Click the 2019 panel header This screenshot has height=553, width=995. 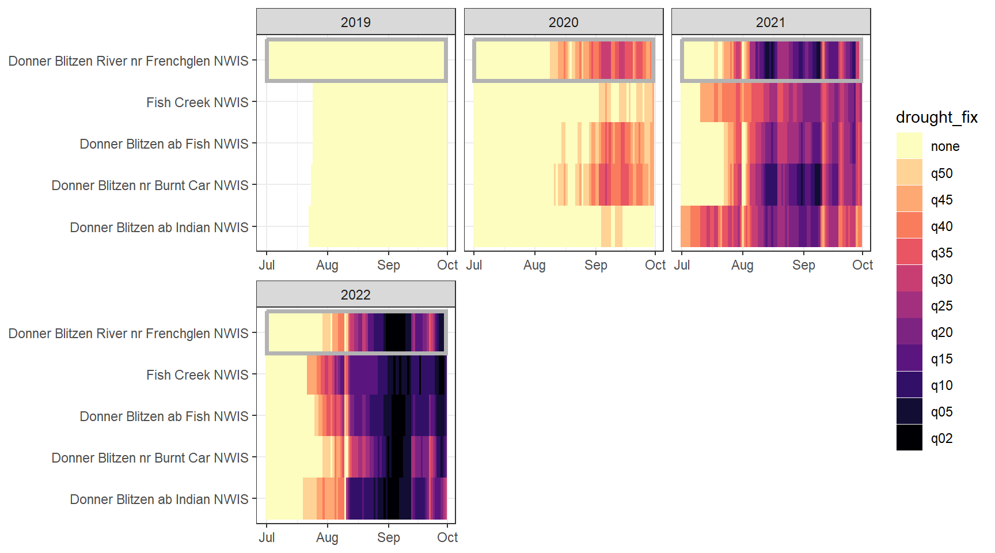[x=355, y=22]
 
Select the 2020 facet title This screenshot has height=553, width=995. [x=563, y=22]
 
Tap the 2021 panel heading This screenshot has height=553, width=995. [x=770, y=22]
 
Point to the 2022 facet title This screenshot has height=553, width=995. [x=355, y=295]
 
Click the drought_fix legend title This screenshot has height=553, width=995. [x=936, y=118]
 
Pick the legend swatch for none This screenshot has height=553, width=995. [x=909, y=146]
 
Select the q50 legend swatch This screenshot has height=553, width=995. [x=909, y=172]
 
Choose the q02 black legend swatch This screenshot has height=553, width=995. [x=909, y=437]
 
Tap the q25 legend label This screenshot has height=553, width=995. [x=941, y=306]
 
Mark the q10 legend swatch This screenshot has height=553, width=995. [x=909, y=384]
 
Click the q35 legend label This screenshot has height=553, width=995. [x=941, y=253]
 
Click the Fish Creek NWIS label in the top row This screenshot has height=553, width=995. [x=197, y=103]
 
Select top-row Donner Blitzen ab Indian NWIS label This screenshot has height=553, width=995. [x=159, y=228]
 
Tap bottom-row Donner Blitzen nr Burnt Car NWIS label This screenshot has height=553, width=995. [x=150, y=458]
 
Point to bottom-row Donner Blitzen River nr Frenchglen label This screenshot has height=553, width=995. [x=128, y=334]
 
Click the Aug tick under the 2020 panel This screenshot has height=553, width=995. [x=534, y=265]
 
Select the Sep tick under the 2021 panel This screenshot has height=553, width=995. [x=803, y=265]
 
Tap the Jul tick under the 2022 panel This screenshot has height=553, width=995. [x=267, y=537]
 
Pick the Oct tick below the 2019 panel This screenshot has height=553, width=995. [x=447, y=265]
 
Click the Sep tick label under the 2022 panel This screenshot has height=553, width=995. [x=388, y=537]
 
